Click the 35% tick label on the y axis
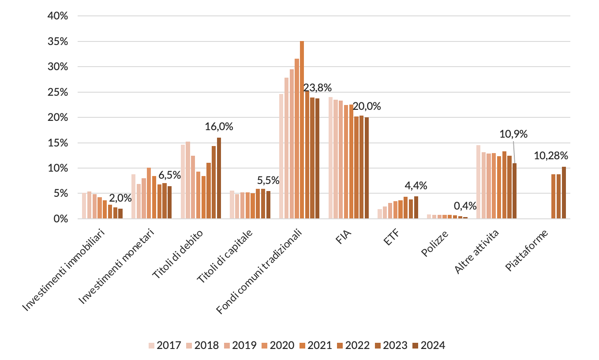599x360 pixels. (x=58, y=41)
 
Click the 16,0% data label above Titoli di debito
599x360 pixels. (x=219, y=127)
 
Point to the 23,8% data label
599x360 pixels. (x=318, y=88)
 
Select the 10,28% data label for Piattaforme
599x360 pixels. (x=551, y=155)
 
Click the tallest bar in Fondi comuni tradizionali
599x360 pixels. (x=302, y=130)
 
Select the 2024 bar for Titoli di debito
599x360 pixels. (x=219, y=178)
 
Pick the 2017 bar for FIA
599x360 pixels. (x=331, y=158)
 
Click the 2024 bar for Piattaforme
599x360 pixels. (x=564, y=193)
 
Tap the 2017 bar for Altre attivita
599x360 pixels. (x=479, y=182)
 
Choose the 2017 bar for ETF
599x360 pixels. (x=380, y=214)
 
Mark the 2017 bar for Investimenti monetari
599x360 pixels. (x=134, y=196)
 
